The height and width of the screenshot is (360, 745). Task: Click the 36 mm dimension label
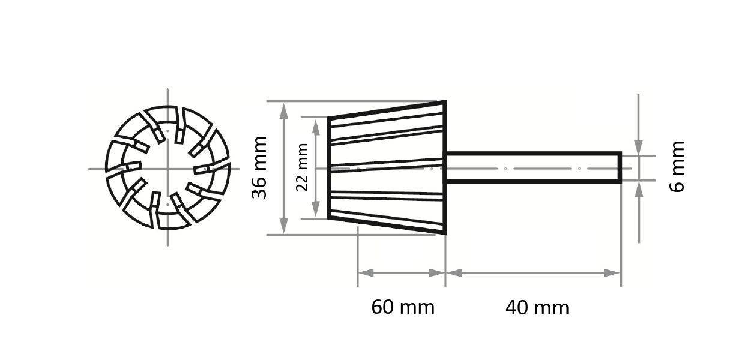tap(259, 168)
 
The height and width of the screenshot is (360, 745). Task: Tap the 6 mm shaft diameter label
tap(677, 166)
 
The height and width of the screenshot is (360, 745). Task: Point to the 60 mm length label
tap(402, 307)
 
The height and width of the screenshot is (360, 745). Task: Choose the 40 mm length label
tap(537, 308)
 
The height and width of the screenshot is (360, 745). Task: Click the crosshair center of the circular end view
tap(167, 169)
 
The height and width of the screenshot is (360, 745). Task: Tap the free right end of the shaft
tap(620, 167)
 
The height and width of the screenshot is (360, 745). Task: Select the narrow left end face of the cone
tap(329, 168)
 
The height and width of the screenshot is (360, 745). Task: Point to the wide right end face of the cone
tap(445, 168)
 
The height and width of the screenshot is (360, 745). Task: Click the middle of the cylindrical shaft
tap(533, 167)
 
